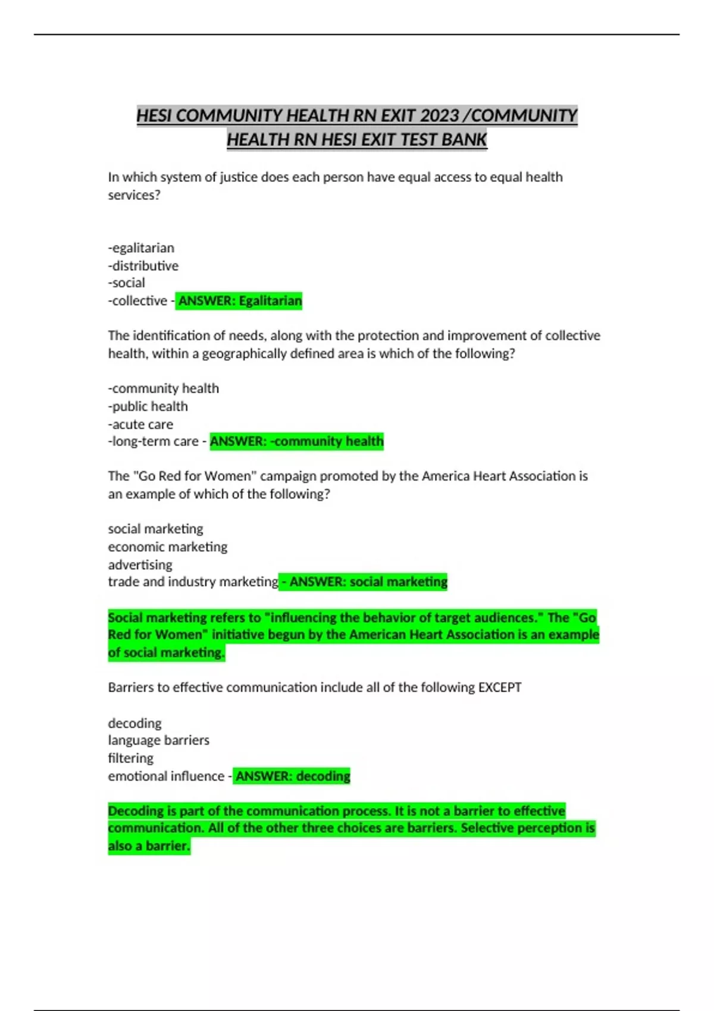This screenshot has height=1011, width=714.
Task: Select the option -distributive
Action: [x=143, y=266]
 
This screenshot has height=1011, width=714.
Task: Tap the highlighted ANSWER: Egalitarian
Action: [x=240, y=301]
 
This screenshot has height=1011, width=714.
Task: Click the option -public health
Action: [x=148, y=406]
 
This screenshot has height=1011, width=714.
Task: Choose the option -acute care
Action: [x=141, y=424]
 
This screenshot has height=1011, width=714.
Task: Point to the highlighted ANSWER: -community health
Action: [x=296, y=441]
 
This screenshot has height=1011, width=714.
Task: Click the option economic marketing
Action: [x=168, y=547]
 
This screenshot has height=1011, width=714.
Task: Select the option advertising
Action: [x=140, y=564]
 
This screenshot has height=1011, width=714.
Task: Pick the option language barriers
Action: [x=159, y=740]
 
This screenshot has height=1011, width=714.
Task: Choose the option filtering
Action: [x=131, y=758]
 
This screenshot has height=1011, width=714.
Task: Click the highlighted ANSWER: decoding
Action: [x=292, y=776]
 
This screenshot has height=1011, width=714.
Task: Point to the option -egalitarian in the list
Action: [x=142, y=248]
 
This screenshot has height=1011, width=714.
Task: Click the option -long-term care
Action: [x=154, y=441]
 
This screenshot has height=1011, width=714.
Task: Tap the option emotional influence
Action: [x=166, y=776]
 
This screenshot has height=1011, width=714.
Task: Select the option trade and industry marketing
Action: [x=193, y=582]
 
